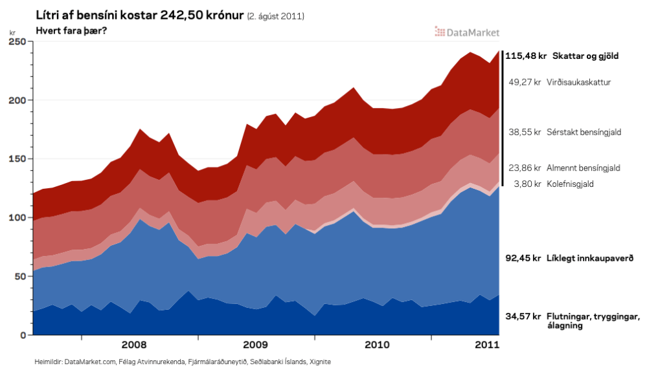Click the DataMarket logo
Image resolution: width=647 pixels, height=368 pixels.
(467, 31)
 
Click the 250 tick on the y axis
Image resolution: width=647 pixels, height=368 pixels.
(17, 41)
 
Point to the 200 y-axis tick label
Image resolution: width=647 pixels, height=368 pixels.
(17, 100)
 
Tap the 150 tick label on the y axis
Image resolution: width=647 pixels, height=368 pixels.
(17, 159)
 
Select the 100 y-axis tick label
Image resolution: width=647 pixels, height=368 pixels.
(17, 218)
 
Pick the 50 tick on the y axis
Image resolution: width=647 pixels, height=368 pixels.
(19, 276)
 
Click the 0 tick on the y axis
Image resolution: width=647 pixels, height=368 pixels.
(22, 335)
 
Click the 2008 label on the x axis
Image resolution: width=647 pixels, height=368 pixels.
(133, 344)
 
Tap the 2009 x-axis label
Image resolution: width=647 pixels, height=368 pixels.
(255, 344)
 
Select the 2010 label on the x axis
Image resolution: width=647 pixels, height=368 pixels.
(377, 344)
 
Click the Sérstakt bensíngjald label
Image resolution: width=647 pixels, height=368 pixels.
(584, 132)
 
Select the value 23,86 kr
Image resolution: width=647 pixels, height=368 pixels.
(525, 168)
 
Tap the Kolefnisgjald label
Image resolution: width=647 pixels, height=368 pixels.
(570, 184)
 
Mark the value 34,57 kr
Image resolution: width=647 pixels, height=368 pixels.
(523, 316)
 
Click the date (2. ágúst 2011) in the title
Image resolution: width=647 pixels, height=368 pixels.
(276, 16)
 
